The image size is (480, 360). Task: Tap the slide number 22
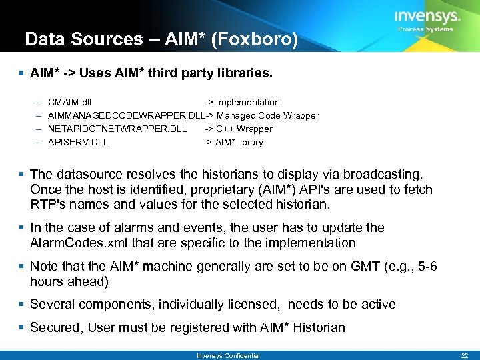(x=465, y=355)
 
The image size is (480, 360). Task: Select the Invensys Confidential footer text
(x=228, y=355)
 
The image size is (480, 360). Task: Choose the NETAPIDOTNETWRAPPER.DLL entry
(x=117, y=129)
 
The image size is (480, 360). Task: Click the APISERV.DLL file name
(x=78, y=142)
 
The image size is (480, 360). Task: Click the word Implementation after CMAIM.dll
(x=247, y=102)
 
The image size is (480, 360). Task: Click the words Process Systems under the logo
(x=425, y=29)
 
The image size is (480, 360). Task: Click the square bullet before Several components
(x=22, y=305)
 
